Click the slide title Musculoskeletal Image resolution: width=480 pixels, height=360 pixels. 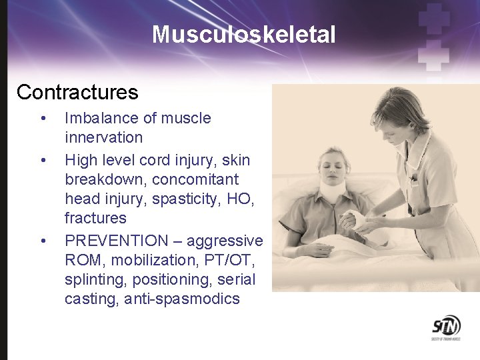243,34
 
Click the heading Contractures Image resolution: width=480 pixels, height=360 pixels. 77,92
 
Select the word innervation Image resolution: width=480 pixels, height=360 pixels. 103,138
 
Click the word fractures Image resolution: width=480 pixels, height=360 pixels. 95,218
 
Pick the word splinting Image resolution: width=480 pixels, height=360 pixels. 93,279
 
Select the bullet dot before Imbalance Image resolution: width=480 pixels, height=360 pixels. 43,119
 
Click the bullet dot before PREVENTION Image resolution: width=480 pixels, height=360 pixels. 43,241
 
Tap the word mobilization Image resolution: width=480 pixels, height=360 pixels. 148,259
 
